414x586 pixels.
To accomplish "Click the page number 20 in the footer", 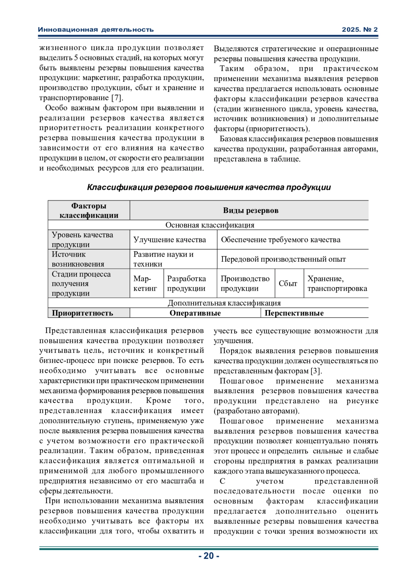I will tap(209, 556).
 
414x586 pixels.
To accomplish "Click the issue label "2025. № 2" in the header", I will tap(359, 30).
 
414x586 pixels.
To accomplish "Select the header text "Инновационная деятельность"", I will tap(96, 30).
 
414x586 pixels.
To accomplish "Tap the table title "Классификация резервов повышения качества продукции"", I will tap(209, 188).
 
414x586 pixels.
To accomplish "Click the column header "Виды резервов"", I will tap(250, 210).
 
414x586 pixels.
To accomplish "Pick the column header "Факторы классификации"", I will tap(89, 210).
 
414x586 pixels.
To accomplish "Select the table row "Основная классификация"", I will tap(209, 225).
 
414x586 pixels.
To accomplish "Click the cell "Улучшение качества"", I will tap(169, 240).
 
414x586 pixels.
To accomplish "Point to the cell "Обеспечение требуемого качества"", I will tap(280, 240).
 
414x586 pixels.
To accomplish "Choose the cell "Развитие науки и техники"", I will tap(163, 259).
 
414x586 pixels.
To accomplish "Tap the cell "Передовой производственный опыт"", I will tap(283, 259).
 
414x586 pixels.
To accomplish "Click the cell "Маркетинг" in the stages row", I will tap(145, 284).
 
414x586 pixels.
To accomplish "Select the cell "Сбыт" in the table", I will tap(288, 284).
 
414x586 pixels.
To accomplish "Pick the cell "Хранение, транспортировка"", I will tap(337, 284).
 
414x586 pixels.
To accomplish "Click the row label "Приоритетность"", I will tap(82, 313).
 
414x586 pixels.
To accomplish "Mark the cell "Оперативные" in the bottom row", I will tap(195, 313).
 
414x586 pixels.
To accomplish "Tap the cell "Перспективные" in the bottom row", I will tap(294, 313).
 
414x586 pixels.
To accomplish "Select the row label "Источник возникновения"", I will tap(78, 259).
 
